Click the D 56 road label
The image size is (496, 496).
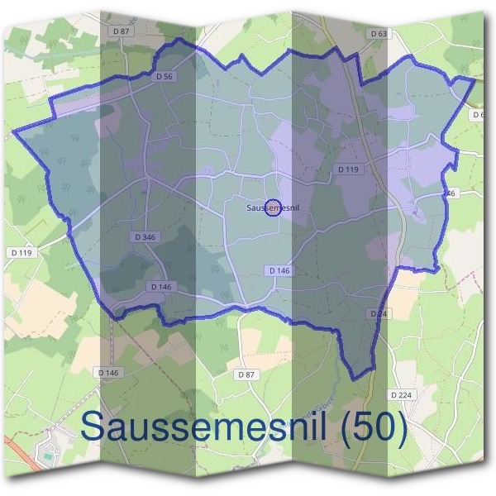[164, 76]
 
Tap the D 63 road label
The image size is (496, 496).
[379, 34]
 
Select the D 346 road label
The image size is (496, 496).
[144, 237]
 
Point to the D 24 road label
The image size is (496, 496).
[379, 314]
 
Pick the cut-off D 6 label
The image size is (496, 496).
[478, 114]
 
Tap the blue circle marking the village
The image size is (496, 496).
[273, 207]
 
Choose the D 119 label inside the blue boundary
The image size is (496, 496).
[349, 169]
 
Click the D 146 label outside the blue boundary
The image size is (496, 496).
[109, 373]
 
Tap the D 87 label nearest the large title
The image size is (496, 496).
[246, 374]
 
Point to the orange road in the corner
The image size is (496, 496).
[12, 451]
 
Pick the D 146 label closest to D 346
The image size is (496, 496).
[160, 287]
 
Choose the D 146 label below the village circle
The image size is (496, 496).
[279, 270]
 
